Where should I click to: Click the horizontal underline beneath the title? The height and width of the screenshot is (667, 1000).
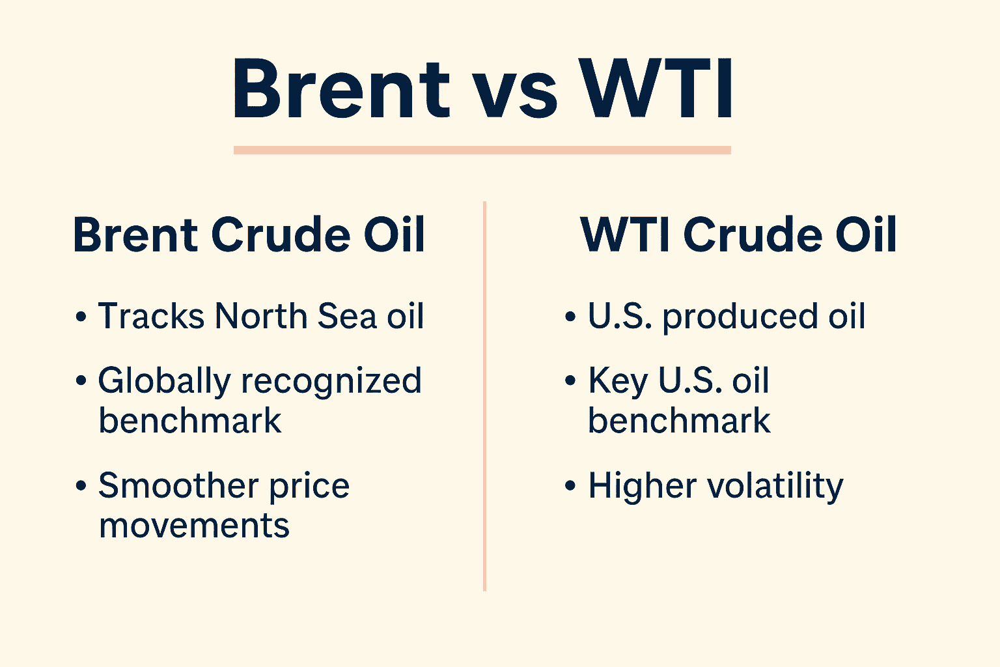pyautogui.click(x=482, y=150)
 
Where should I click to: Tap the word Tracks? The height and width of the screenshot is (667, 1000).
pyautogui.click(x=151, y=317)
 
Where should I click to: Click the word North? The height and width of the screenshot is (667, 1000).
pyautogui.click(x=260, y=317)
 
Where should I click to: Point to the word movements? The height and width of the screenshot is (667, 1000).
pyautogui.click(x=194, y=526)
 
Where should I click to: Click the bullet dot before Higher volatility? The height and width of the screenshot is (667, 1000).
pyautogui.click(x=570, y=487)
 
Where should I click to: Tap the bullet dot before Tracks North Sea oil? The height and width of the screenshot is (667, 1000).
pyautogui.click(x=81, y=317)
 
